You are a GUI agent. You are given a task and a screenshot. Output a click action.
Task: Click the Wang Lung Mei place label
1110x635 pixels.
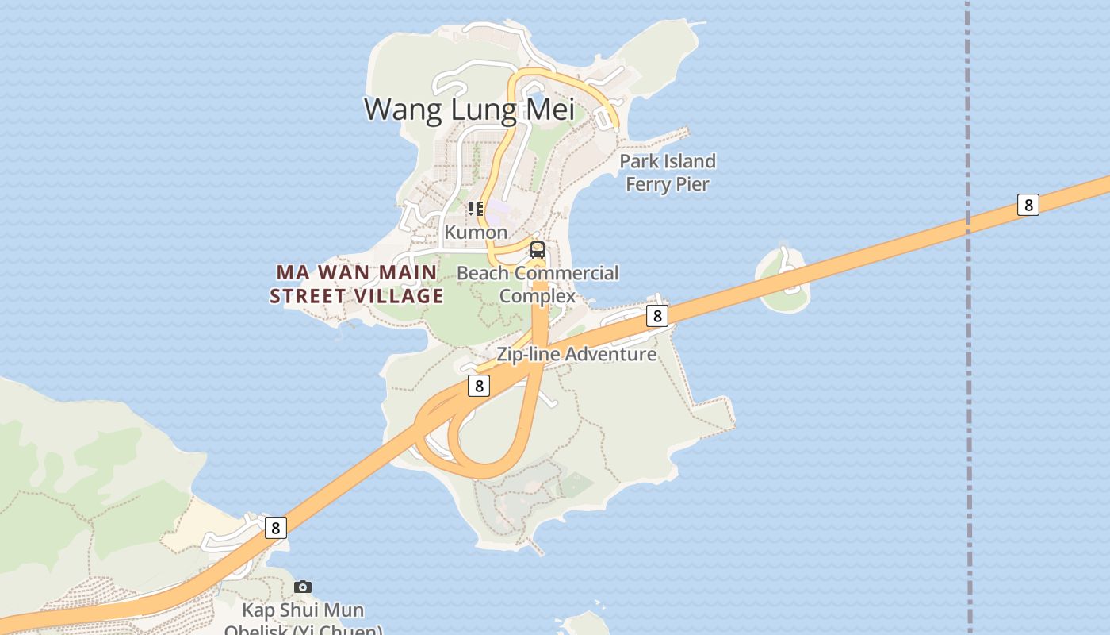pos(469,109)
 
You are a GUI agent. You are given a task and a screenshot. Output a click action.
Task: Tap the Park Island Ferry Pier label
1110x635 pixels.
pos(667,172)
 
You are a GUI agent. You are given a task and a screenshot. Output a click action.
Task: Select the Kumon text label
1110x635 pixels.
pos(476,232)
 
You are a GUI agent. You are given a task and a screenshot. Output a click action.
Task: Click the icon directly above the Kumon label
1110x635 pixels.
pos(476,209)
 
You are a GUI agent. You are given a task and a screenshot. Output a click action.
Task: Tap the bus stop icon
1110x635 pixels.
pos(538,250)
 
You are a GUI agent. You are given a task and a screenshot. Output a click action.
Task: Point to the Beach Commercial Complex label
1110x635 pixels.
pos(538,284)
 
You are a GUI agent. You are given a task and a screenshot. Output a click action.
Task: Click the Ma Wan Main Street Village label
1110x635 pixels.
pos(356,284)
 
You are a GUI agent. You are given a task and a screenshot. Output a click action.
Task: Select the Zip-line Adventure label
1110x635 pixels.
pos(576,354)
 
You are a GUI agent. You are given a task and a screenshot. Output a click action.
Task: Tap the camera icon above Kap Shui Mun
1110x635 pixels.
pos(303,587)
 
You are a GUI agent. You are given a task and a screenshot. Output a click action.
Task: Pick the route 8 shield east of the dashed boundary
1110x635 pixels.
pos(1028,205)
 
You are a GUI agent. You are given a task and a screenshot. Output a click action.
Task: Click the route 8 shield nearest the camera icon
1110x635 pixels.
pos(275,528)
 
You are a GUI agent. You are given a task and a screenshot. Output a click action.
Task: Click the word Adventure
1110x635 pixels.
pos(609,354)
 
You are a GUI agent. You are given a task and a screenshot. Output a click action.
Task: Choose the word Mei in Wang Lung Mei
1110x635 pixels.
pos(549,109)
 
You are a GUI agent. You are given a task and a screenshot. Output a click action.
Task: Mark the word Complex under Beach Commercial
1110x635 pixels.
pos(538,296)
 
